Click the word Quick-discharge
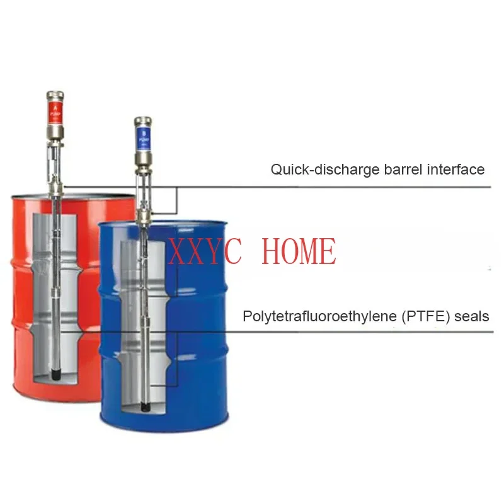(310, 169)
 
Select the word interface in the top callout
(456, 169)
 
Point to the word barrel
(391, 169)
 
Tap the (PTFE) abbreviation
(423, 316)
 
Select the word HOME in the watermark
(298, 251)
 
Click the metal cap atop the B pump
(143, 120)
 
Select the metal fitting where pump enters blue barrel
(144, 217)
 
